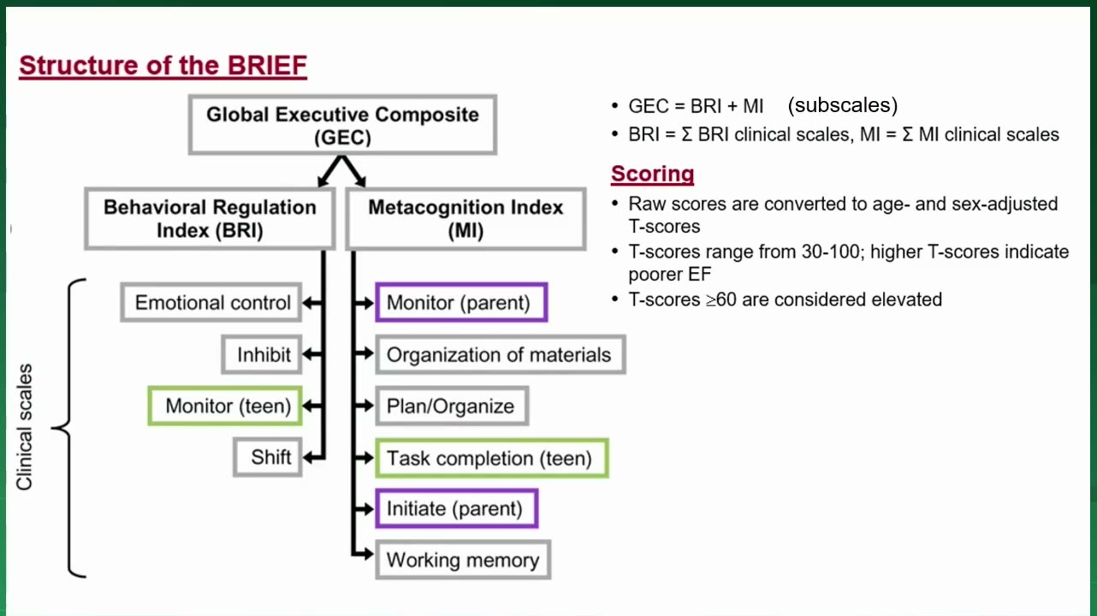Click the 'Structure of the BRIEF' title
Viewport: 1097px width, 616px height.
pyautogui.click(x=163, y=66)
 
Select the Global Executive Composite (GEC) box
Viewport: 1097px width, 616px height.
pyautogui.click(x=343, y=125)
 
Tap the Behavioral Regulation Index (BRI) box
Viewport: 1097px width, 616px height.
pyautogui.click(x=211, y=218)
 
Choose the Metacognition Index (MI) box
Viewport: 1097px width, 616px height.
pyautogui.click(x=465, y=218)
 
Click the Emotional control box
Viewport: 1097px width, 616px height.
pyautogui.click(x=211, y=302)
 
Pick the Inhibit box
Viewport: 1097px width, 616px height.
pyautogui.click(x=262, y=354)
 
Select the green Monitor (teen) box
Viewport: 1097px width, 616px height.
pyautogui.click(x=225, y=406)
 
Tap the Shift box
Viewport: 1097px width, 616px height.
pyautogui.click(x=267, y=457)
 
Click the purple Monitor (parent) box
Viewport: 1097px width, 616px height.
pyautogui.click(x=461, y=302)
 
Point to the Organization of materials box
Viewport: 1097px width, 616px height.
pyautogui.click(x=501, y=354)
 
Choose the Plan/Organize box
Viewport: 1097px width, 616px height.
pyautogui.click(x=452, y=406)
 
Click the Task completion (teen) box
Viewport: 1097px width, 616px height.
pyautogui.click(x=492, y=458)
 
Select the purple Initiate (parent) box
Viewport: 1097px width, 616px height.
pyautogui.click(x=457, y=508)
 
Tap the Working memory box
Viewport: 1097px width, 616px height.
pyautogui.click(x=463, y=560)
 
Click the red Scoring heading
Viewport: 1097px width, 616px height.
pyautogui.click(x=652, y=174)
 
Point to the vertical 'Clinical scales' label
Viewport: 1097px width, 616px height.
pyautogui.click(x=24, y=427)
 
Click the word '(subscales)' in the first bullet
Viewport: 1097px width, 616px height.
pyautogui.click(x=842, y=105)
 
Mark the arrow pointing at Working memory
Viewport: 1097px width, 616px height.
pyautogui.click(x=363, y=554)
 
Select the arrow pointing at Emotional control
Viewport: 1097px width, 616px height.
pyautogui.click(x=312, y=303)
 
